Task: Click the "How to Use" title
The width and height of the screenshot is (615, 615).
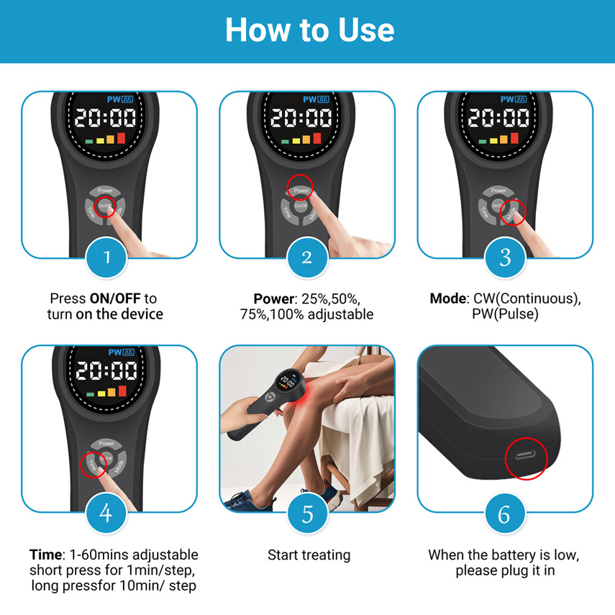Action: [x=309, y=29]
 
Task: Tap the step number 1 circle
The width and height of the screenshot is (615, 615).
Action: [x=106, y=258]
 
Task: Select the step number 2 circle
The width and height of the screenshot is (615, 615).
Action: [x=307, y=258]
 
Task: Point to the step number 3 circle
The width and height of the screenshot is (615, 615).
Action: [x=505, y=258]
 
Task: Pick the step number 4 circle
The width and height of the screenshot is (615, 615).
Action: [x=106, y=513]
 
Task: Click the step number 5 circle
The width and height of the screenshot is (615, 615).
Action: [x=308, y=514]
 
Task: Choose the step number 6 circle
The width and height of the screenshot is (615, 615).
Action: [x=505, y=514]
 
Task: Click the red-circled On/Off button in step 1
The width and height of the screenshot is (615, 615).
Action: [x=105, y=206]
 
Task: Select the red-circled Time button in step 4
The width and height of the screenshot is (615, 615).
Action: [x=92, y=465]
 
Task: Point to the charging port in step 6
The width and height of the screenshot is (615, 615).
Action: [x=526, y=455]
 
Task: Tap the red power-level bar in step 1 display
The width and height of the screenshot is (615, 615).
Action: [x=121, y=138]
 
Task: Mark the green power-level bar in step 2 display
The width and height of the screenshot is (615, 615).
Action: [x=285, y=142]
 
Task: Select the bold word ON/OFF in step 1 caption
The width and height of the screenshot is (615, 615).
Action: [x=115, y=299]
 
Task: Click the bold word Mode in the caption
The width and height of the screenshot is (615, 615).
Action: [x=448, y=299]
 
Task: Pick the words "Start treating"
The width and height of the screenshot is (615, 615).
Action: [x=309, y=555]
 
